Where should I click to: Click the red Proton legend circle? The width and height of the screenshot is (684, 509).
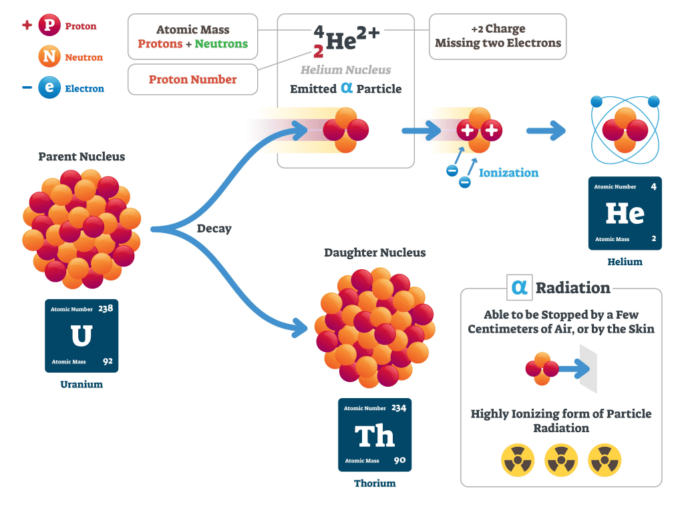(x=49, y=26)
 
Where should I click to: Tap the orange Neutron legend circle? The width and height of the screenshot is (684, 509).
(x=49, y=57)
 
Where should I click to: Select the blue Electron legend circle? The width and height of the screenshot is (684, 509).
(x=49, y=88)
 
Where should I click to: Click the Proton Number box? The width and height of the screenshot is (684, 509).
(x=192, y=79)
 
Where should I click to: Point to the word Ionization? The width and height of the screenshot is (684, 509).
(x=508, y=172)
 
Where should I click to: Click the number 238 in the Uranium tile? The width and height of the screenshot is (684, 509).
(x=106, y=309)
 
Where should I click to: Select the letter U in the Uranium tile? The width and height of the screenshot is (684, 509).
(x=81, y=335)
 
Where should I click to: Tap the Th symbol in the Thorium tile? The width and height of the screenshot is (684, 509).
(x=375, y=436)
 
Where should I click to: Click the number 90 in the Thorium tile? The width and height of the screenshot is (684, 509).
(x=399, y=460)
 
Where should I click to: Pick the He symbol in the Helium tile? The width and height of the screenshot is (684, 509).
(x=625, y=213)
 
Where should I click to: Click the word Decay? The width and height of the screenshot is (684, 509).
(x=214, y=228)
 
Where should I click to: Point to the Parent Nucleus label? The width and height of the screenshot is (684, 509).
(x=81, y=157)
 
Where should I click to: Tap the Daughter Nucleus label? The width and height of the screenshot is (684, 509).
(x=375, y=252)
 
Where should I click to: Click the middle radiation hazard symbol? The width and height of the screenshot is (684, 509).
(x=561, y=460)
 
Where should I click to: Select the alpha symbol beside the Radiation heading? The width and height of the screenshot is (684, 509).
(x=519, y=287)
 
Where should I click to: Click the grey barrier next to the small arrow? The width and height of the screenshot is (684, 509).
(x=588, y=369)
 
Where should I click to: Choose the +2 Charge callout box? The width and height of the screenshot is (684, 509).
(x=498, y=36)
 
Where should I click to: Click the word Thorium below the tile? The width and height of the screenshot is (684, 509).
(x=375, y=483)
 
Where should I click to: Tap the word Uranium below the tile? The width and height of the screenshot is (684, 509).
(x=81, y=384)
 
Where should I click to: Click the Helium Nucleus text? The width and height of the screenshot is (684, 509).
(x=345, y=69)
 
